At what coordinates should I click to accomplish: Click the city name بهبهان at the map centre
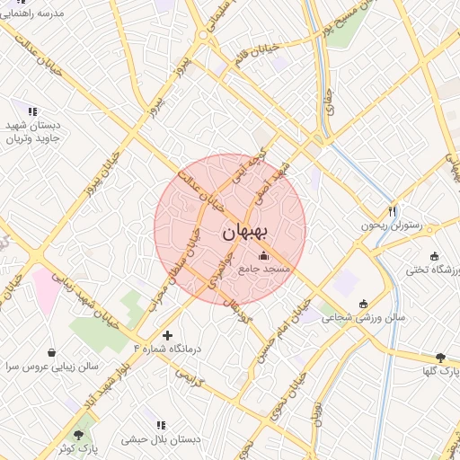[244, 232]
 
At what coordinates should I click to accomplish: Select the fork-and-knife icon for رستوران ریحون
[392, 212]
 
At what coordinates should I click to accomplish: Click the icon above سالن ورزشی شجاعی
[363, 304]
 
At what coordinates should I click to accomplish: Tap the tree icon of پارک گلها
[440, 358]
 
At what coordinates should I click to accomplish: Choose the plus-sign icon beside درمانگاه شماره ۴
[167, 334]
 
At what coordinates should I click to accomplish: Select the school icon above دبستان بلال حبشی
[161, 425]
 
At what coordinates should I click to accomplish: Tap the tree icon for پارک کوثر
[86, 432]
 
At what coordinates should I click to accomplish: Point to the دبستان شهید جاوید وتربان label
[32, 133]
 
